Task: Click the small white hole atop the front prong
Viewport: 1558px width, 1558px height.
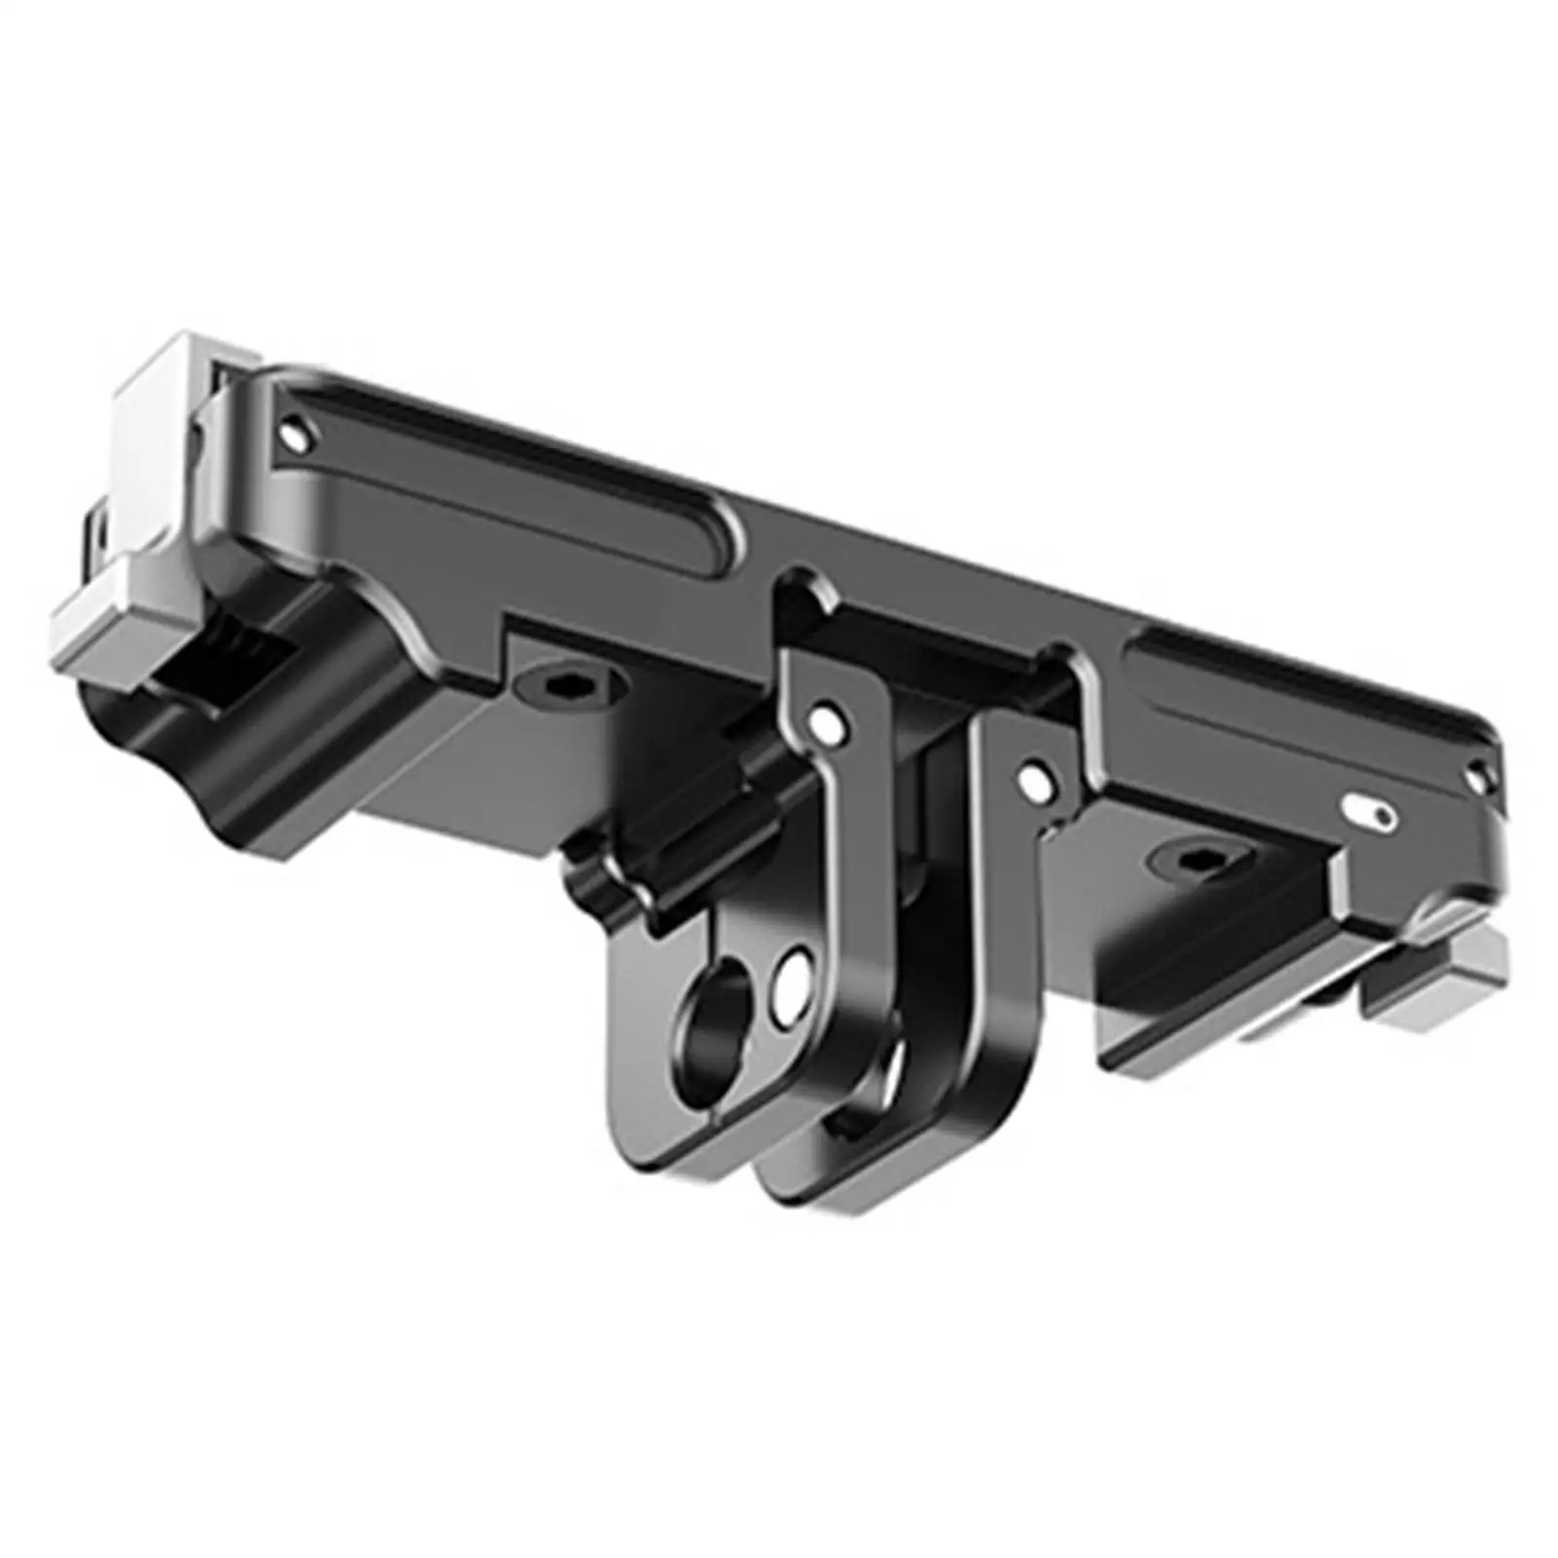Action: coord(830,723)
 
